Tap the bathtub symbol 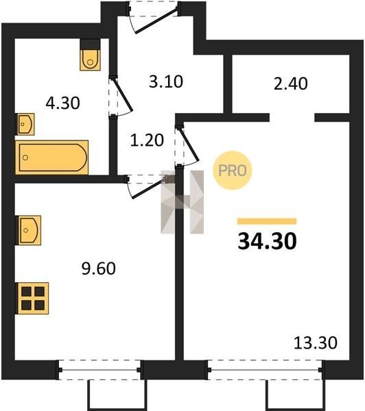pyautogui.click(x=51, y=158)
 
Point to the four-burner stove pyautogui.click(x=33, y=298)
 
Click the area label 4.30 pyautogui.click(x=62, y=103)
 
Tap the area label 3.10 pyautogui.click(x=166, y=82)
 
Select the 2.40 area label pyautogui.click(x=291, y=84)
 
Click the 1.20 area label pyautogui.click(x=147, y=140)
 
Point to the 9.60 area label pyautogui.click(x=99, y=269)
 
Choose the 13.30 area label pyautogui.click(x=316, y=343)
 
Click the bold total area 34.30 pyautogui.click(x=268, y=241)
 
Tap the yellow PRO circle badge pyautogui.click(x=233, y=171)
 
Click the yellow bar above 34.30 pyautogui.click(x=267, y=221)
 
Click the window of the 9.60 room pyautogui.click(x=99, y=370)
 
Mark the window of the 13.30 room pyautogui.click(x=265, y=370)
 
